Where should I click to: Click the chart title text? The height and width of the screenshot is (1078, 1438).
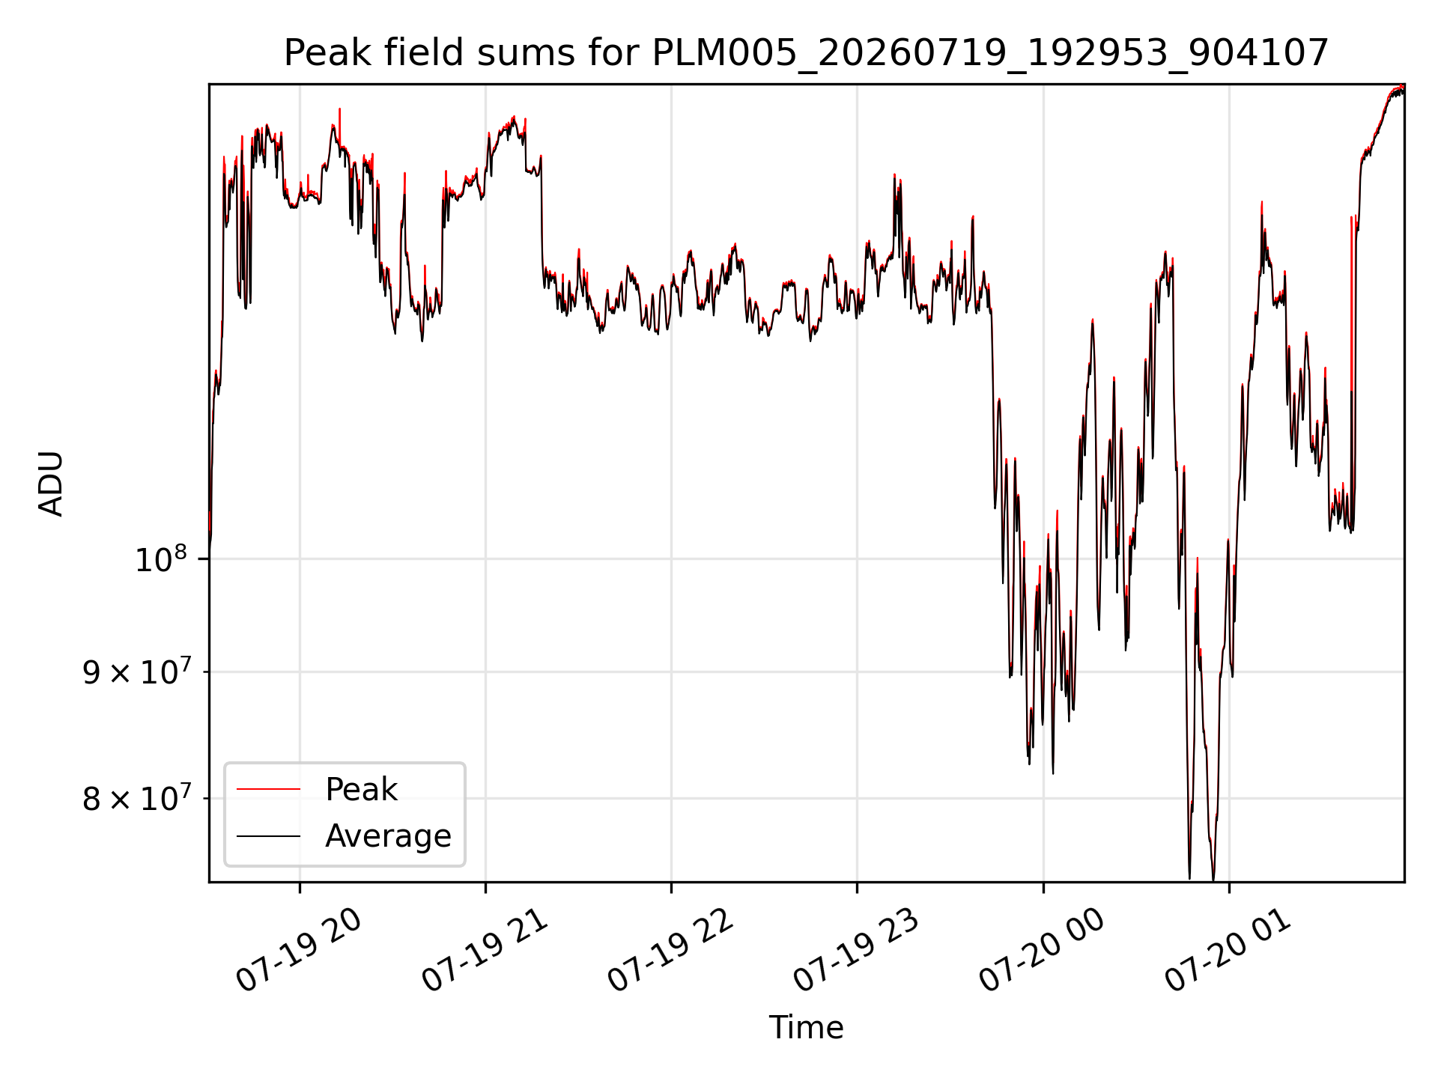[x=807, y=53]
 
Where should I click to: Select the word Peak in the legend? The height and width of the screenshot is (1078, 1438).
[x=361, y=790]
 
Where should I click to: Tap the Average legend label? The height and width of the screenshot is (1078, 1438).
[x=388, y=836]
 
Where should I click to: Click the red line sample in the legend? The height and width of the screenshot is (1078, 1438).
[x=268, y=789]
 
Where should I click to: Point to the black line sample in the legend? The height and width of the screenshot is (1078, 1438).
[x=268, y=836]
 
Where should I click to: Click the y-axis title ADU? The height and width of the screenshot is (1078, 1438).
[x=51, y=484]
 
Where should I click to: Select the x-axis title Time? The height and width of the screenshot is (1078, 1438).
[x=806, y=1028]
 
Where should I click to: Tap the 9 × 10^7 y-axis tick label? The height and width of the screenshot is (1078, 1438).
[x=136, y=672]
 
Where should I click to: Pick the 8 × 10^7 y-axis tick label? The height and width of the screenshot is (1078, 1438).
[x=136, y=799]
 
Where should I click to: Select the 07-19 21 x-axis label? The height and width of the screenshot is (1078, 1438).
[x=485, y=951]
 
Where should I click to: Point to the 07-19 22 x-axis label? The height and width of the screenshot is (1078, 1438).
[x=671, y=951]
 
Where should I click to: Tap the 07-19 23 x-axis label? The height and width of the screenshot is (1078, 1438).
[x=857, y=951]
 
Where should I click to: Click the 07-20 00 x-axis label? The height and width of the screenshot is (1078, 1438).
[x=1043, y=951]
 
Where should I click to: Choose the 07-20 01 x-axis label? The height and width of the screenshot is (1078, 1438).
[x=1228, y=951]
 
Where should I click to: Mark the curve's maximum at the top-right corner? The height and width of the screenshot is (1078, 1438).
[x=1402, y=87]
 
